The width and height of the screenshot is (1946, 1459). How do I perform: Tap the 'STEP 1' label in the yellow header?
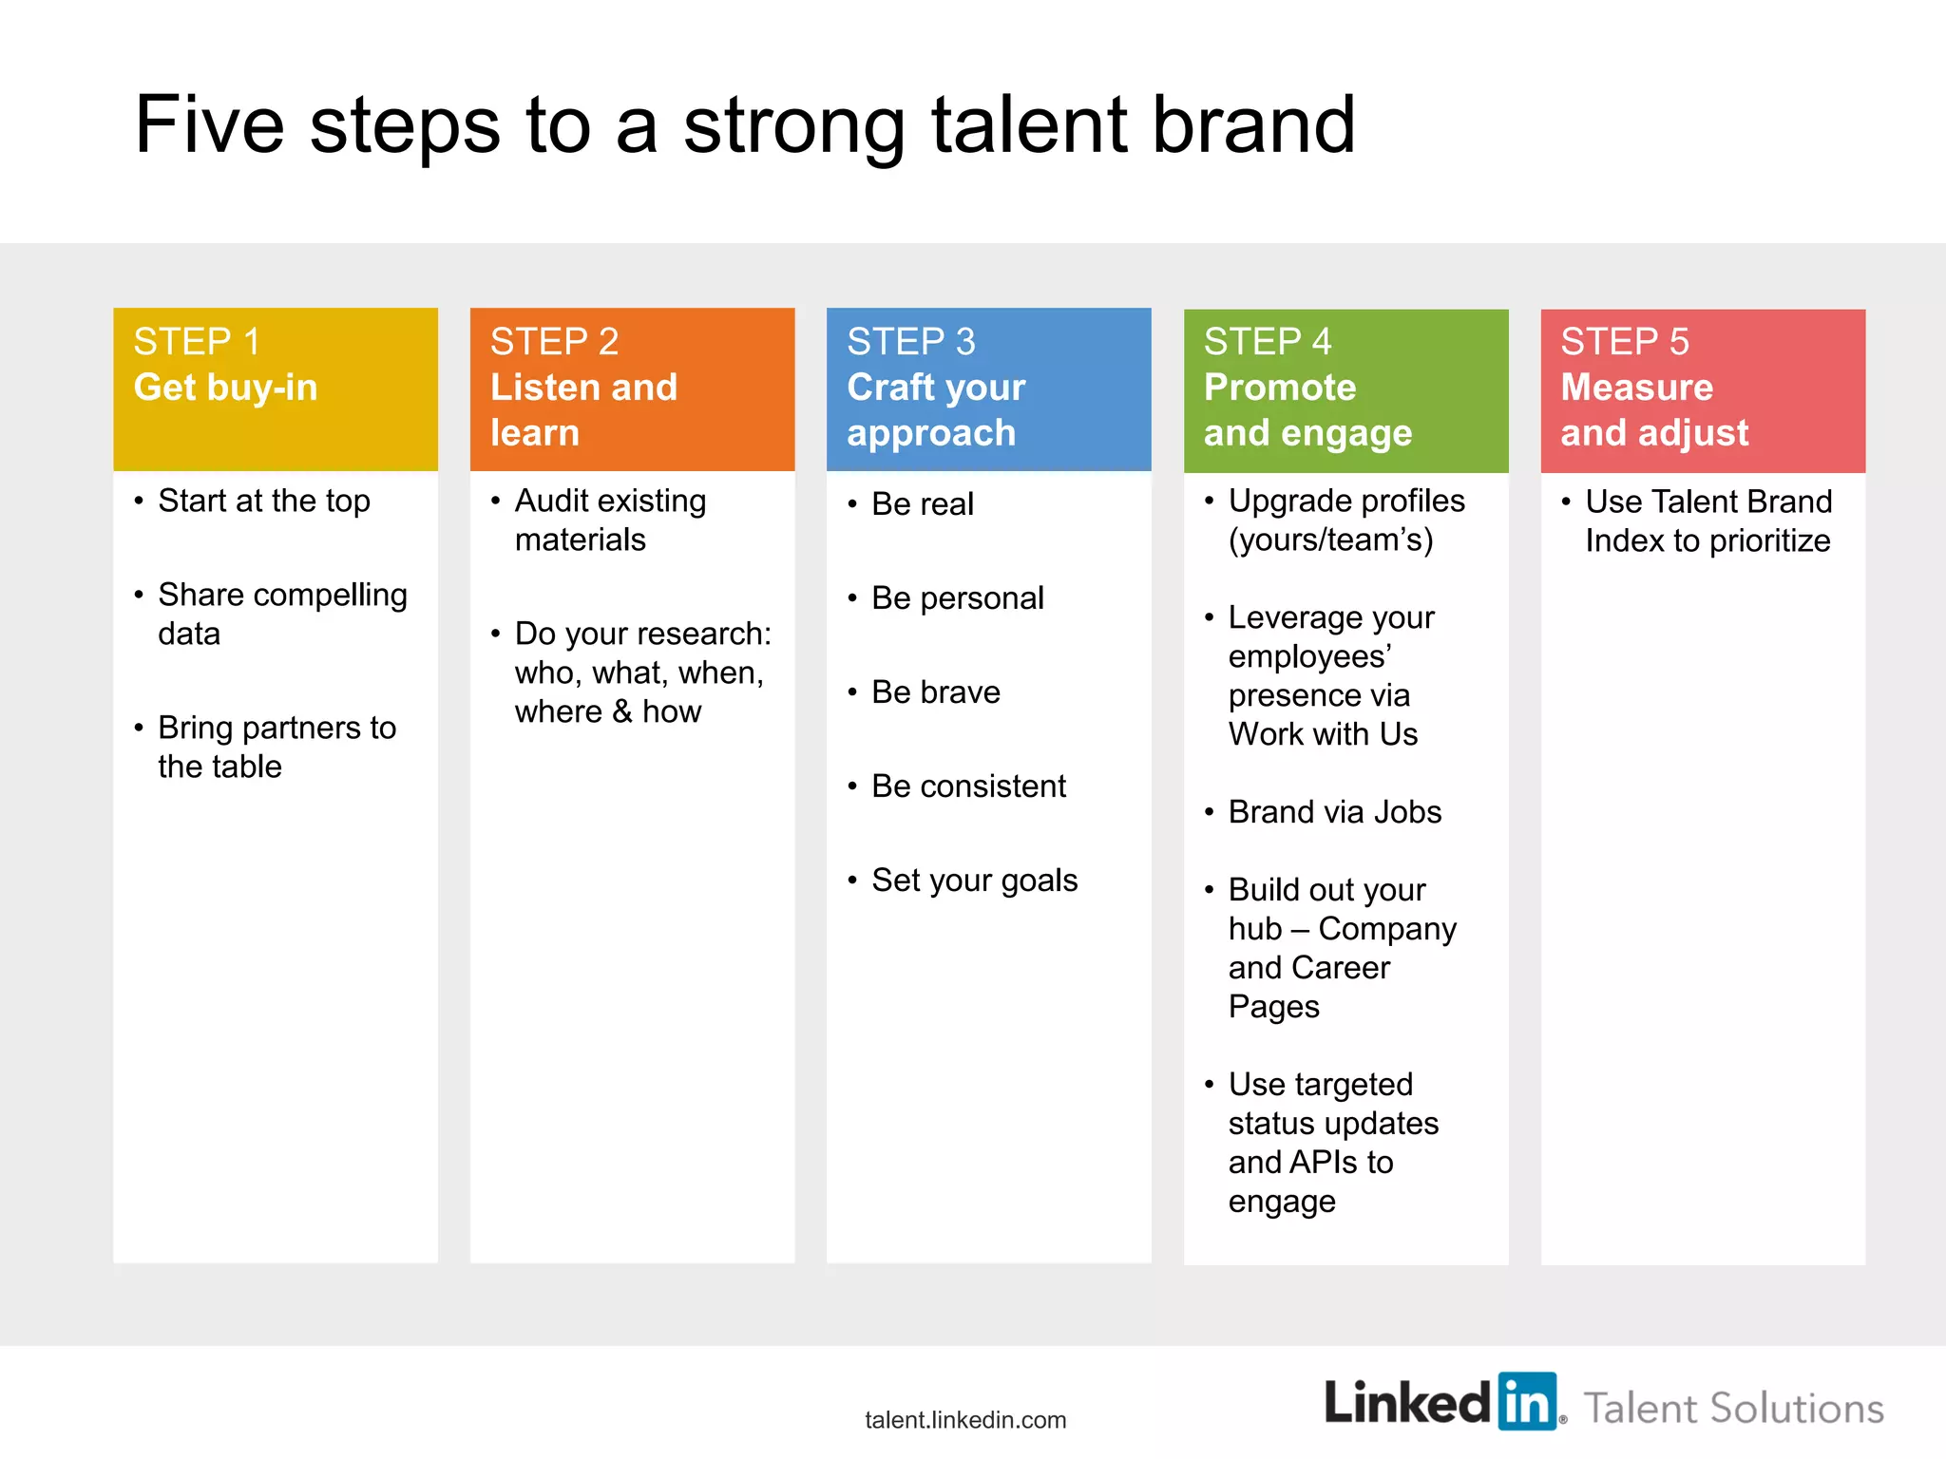coord(197,342)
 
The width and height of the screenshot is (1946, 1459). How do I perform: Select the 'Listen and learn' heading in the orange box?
coord(582,409)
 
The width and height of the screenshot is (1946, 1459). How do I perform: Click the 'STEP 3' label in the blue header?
coord(910,342)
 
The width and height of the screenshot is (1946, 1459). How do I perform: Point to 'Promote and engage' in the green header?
coord(1307,409)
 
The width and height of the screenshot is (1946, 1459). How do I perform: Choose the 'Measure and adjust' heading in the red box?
coord(1653,409)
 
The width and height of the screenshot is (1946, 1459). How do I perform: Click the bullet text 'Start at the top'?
coord(263,501)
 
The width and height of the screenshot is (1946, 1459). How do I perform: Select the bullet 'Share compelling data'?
coord(281,614)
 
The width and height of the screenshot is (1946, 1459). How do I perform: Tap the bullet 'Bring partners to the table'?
coord(276,747)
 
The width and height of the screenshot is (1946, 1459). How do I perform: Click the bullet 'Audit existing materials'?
coord(609,520)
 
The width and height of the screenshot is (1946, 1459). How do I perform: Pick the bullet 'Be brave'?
coord(935,692)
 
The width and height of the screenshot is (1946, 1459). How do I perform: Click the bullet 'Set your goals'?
coord(974,881)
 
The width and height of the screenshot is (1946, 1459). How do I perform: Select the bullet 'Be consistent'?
coord(968,786)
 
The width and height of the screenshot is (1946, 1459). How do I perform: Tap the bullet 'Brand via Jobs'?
coord(1334,812)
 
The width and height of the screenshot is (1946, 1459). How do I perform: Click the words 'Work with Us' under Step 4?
coord(1322,734)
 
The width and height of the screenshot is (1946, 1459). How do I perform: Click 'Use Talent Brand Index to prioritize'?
coord(1708,521)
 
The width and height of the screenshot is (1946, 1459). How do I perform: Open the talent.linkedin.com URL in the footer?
coord(965,1420)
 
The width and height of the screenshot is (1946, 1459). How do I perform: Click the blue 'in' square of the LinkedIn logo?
coord(1527,1401)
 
